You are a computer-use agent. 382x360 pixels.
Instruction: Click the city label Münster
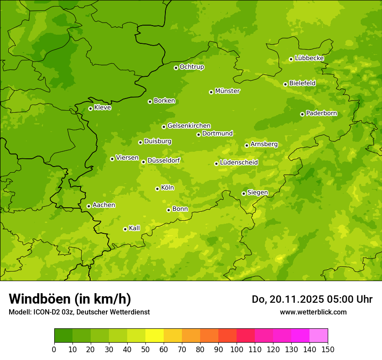[227, 91]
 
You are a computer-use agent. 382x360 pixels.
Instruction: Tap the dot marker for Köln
[157, 189]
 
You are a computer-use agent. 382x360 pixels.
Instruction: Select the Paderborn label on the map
[321, 113]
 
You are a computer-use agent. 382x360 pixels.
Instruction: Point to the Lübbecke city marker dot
[291, 59]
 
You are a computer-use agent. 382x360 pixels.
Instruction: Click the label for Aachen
[104, 205]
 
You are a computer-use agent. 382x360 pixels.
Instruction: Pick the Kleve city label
[102, 108]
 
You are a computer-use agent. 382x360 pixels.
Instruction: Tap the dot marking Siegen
[244, 193]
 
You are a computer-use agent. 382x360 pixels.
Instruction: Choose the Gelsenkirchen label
[189, 126]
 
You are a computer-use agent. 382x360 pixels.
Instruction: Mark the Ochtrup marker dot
[176, 68]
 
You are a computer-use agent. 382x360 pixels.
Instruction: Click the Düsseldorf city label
[163, 160]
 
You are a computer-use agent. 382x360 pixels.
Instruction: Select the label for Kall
[135, 228]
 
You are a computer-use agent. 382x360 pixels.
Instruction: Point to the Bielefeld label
[302, 83]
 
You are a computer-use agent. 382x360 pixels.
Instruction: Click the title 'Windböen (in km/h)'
[69, 299]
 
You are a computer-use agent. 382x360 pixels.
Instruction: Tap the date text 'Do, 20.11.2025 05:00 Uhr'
[312, 299]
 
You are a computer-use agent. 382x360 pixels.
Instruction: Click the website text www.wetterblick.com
[313, 312]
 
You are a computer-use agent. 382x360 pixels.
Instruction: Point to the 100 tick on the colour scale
[237, 349]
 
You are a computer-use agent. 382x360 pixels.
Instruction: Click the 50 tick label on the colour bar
[145, 349]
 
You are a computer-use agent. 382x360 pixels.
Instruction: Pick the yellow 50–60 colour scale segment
[155, 336]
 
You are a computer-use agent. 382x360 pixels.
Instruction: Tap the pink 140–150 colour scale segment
[319, 336]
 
